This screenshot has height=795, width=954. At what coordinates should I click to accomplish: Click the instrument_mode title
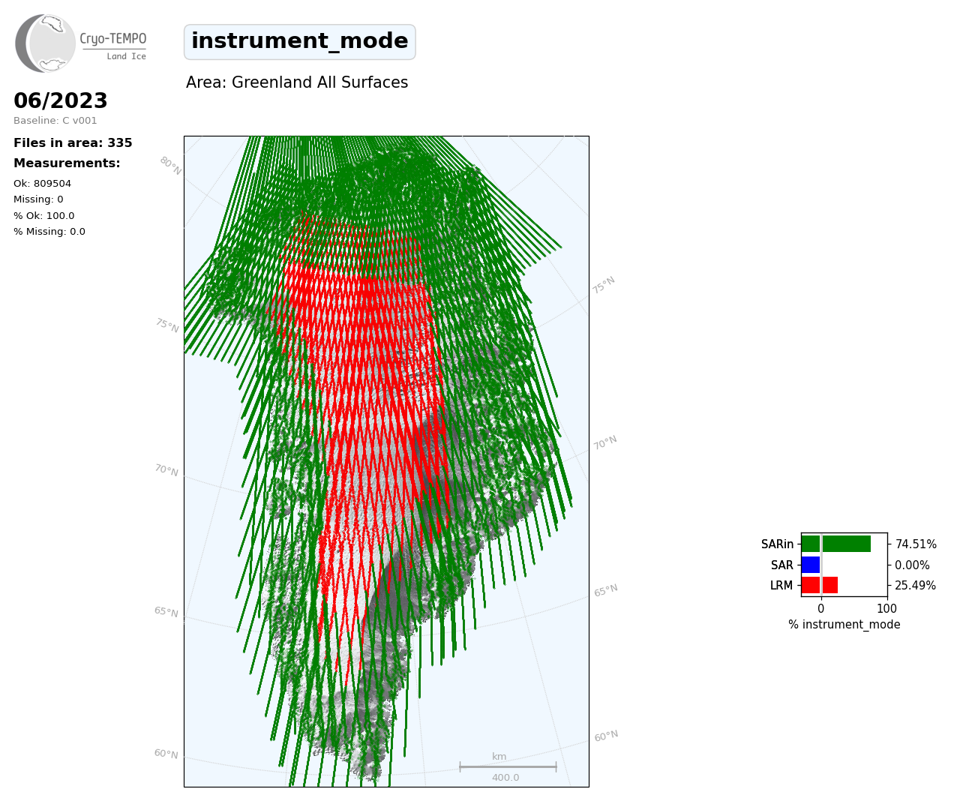coord(299,41)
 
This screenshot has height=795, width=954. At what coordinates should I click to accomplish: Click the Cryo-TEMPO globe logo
coord(45,43)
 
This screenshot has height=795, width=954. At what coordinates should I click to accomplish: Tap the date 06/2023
coord(60,100)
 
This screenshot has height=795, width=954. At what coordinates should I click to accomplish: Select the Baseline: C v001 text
coord(55,121)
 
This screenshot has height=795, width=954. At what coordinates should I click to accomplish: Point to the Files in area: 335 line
coord(73,143)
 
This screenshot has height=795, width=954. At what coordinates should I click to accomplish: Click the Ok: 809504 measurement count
coord(43,184)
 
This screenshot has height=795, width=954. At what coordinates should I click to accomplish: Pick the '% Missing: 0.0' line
coord(49,232)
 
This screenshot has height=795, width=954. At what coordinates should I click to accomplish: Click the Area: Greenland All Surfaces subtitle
coord(296,82)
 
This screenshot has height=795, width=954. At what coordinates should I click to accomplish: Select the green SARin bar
coord(835,544)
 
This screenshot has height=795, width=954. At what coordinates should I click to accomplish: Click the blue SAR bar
coord(811,565)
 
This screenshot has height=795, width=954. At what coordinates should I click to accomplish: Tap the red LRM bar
coord(819,585)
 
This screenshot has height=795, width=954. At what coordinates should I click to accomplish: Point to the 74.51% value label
coord(915,544)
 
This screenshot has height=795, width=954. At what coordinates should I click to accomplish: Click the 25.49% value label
coord(915,585)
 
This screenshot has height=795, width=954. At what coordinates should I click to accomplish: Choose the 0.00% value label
coord(912,565)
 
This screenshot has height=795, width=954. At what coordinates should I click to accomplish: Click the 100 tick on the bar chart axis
coord(886,608)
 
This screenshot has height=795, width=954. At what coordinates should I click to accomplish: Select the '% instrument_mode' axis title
coord(844,625)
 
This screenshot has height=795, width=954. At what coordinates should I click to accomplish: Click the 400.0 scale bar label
coord(505,778)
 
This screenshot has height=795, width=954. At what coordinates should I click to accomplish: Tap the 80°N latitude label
coord(170,166)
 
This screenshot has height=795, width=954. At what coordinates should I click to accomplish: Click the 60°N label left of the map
coord(166,754)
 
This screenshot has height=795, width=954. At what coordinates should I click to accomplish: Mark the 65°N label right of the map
coord(606,590)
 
